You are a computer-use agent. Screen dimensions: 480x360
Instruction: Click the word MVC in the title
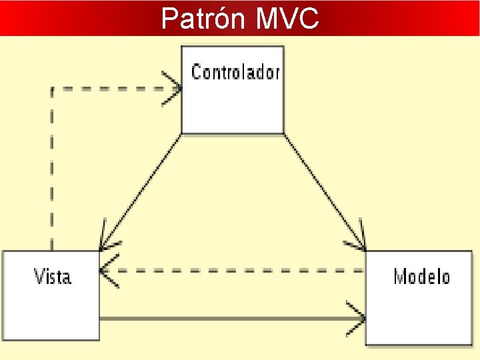pyautogui.click(x=287, y=19)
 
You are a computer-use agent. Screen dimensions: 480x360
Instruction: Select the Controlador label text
pyautogui.click(x=235, y=72)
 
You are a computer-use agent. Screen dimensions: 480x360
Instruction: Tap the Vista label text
pyautogui.click(x=52, y=276)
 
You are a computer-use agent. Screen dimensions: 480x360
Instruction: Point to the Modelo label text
pyautogui.click(x=422, y=276)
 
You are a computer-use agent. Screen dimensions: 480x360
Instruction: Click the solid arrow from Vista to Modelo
pyautogui.click(x=227, y=319)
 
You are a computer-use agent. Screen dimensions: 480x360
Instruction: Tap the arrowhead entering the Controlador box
pyautogui.click(x=175, y=89)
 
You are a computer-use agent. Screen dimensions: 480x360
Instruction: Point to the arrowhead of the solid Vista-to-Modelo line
pyautogui.click(x=357, y=319)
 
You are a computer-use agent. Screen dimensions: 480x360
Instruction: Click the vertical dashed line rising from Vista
pyautogui.click(x=52, y=173)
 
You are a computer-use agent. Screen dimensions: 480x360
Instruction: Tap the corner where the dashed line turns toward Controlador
pyautogui.click(x=52, y=89)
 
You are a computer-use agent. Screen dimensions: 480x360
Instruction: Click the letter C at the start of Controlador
pyautogui.click(x=196, y=72)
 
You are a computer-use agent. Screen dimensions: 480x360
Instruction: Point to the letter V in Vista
pyautogui.click(x=38, y=276)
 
